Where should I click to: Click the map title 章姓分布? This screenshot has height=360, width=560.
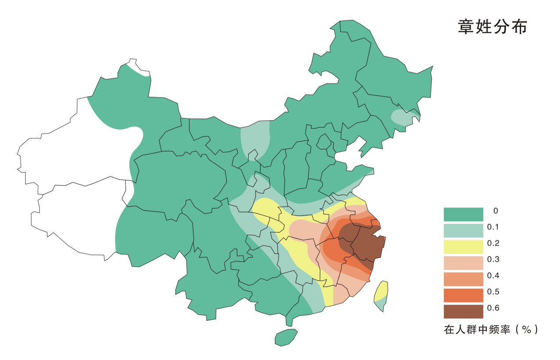click(x=492, y=27)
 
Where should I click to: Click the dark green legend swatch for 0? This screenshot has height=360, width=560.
click(x=463, y=214)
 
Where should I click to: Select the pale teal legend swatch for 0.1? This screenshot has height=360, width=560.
click(x=463, y=230)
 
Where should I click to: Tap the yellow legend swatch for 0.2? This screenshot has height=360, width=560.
click(x=463, y=246)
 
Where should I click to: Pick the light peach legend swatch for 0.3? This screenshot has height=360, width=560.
click(x=463, y=263)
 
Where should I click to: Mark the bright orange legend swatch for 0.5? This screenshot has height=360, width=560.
click(x=463, y=295)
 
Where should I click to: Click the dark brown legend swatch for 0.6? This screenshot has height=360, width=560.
click(x=463, y=311)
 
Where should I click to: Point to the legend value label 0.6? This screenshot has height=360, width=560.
click(x=493, y=308)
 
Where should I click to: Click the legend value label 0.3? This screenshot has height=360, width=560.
click(x=493, y=259)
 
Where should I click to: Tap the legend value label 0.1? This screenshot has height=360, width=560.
click(x=493, y=227)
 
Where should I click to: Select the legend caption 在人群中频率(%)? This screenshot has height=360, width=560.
click(x=491, y=329)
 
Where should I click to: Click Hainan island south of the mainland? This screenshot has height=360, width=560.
click(x=286, y=337)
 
